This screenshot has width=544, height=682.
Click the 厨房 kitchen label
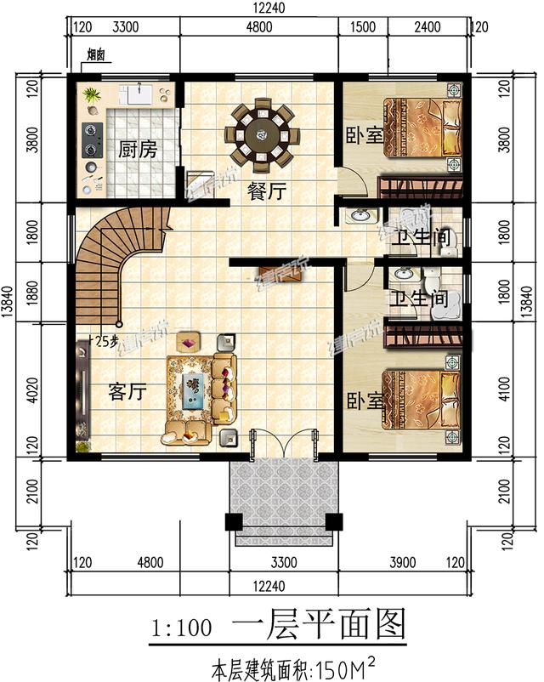[x=137, y=151]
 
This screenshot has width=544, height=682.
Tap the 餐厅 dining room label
[x=265, y=192]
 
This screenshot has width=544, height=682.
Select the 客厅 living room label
[x=128, y=392]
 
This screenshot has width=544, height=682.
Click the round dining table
[x=262, y=134]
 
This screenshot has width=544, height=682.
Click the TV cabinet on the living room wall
[x=82, y=390]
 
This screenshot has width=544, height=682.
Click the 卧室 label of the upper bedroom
[x=363, y=135]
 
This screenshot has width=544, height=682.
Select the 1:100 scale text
[x=181, y=630]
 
